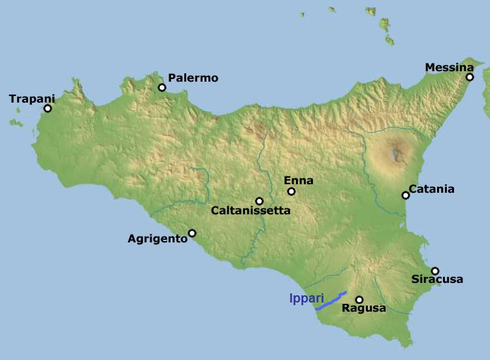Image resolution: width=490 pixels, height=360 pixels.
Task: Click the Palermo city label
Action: pyautogui.click(x=193, y=78)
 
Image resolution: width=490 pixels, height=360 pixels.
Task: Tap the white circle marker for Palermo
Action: pyautogui.click(x=161, y=87)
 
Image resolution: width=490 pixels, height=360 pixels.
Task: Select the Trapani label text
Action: pyautogui.click(x=32, y=99)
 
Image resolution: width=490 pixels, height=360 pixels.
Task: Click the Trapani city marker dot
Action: pyautogui.click(x=47, y=108)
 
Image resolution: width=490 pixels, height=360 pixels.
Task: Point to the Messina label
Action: pyautogui.click(x=449, y=67)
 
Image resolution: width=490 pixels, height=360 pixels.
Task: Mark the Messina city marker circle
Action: pyautogui.click(x=470, y=77)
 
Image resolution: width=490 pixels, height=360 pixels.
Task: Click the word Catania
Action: pyautogui.click(x=431, y=189)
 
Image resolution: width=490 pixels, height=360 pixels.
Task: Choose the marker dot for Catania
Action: pyautogui.click(x=406, y=195)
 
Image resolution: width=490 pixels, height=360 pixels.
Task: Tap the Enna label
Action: pyautogui.click(x=299, y=180)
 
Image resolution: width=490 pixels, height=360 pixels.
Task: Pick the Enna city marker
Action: pyautogui.click(x=291, y=191)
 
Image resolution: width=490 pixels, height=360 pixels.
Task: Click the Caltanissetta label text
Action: pyautogui.click(x=251, y=210)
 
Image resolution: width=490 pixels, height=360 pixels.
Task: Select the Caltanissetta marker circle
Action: pyautogui.click(x=259, y=201)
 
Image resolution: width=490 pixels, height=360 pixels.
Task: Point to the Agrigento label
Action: pyautogui.click(x=157, y=238)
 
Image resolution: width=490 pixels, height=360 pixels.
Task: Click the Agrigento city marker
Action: pyautogui.click(x=192, y=233)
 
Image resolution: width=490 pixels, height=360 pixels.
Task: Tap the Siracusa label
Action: pyautogui.click(x=437, y=280)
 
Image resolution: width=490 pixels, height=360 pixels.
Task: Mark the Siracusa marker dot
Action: pyautogui.click(x=435, y=270)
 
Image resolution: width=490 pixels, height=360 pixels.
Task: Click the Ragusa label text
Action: pyautogui.click(x=364, y=308)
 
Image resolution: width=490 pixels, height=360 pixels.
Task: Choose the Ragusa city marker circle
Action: pyautogui.click(x=359, y=299)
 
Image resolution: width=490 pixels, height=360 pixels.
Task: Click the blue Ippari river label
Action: pyautogui.click(x=306, y=298)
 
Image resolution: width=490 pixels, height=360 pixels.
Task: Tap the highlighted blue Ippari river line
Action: pyautogui.click(x=332, y=300)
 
